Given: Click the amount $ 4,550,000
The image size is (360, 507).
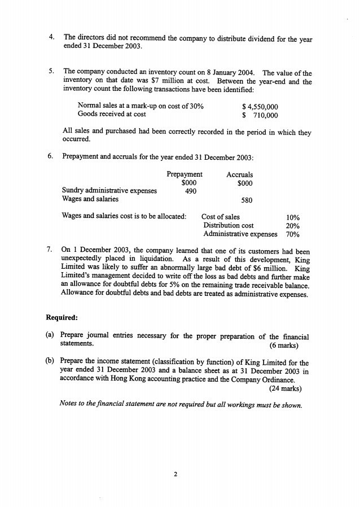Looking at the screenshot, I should [260, 106].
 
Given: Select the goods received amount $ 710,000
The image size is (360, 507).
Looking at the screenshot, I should [260, 115].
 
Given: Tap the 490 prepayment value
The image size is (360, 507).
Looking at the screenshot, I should [191, 191].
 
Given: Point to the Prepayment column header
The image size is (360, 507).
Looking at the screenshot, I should [185, 174].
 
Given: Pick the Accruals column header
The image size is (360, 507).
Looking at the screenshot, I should [240, 174].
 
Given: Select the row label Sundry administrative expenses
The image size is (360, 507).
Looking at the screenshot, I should [109, 191].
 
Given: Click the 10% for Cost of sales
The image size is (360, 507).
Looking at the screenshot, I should [293, 217].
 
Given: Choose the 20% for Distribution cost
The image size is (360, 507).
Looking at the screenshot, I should [293, 225].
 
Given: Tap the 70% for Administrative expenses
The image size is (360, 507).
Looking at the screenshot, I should [293, 234].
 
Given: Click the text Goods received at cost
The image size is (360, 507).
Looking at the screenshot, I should [112, 115].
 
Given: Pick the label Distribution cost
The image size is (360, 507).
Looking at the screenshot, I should [224, 225].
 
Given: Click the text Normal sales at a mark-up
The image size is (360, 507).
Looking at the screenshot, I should [124, 106].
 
